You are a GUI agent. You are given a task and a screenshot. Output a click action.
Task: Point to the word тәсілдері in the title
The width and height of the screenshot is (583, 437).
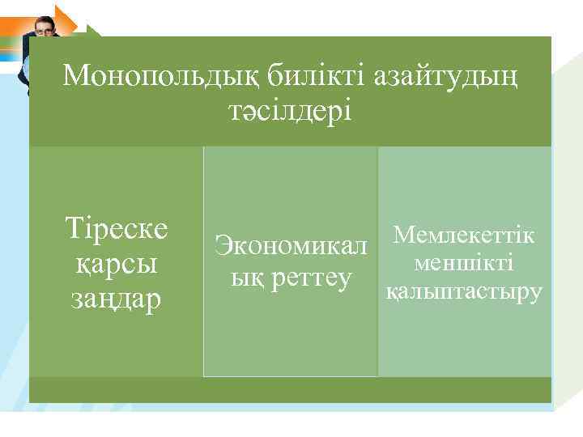click(x=290, y=112)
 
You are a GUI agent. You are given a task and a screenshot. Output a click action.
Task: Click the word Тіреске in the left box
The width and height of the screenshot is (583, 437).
click(x=117, y=229)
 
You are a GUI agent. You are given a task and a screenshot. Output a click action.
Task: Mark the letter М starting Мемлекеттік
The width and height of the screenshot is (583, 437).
click(x=402, y=235)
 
